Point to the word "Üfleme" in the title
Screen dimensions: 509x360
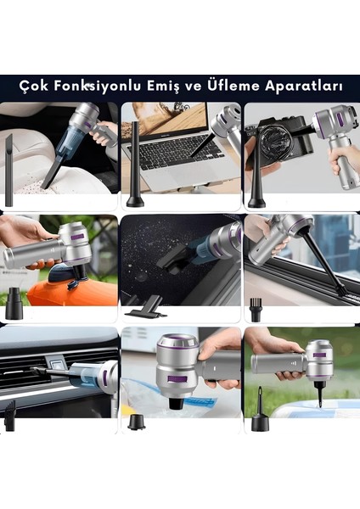(231, 86)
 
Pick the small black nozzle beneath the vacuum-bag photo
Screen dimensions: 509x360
(136, 421)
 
